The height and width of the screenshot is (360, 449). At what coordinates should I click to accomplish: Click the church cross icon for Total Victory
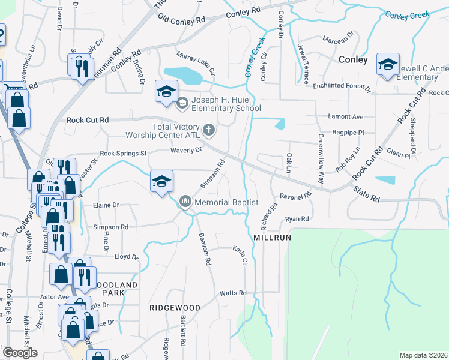coord(209,129)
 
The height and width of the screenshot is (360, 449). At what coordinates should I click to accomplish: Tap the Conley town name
coord(353,59)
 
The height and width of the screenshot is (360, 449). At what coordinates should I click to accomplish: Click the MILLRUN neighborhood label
coord(272,238)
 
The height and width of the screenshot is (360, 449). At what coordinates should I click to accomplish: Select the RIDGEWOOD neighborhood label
coord(175,307)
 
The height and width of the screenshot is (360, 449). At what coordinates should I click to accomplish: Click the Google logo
coord(19,353)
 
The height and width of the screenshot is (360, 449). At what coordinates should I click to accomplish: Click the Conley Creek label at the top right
coord(408,14)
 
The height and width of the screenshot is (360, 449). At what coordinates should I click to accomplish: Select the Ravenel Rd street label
coord(295,196)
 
